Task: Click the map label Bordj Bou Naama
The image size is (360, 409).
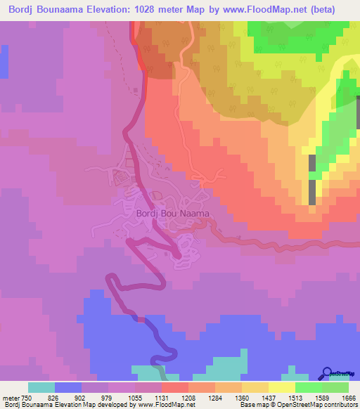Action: point(172,213)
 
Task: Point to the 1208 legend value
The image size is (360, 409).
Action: point(188,398)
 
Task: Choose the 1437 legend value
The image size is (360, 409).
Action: point(269,398)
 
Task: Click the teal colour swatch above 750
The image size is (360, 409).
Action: point(41,387)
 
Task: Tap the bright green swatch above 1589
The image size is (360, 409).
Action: point(309,387)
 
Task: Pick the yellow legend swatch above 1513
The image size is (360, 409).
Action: point(282,387)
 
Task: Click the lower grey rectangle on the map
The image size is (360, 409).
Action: point(311,191)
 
